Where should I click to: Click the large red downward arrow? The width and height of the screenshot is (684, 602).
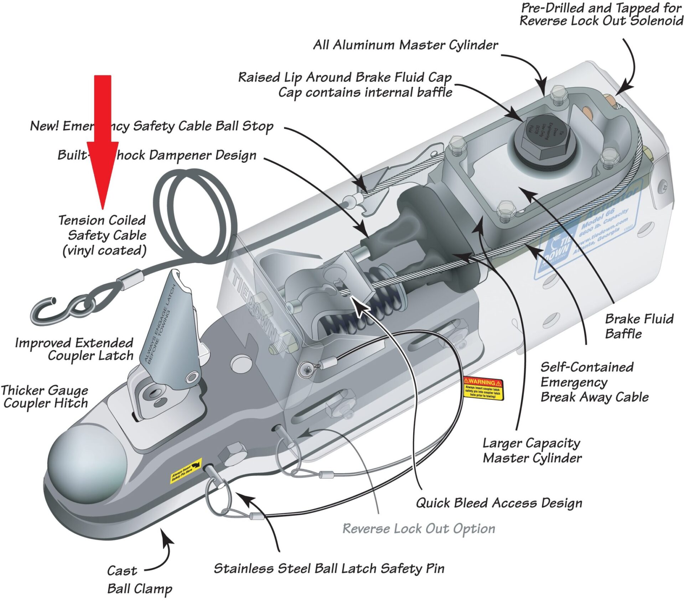103,142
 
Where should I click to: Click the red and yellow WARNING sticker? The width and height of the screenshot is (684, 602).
483,388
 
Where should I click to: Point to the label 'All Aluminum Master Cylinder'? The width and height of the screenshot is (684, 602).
405,45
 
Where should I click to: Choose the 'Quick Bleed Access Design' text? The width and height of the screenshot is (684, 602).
499,503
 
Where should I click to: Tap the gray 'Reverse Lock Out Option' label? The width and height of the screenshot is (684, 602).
419,528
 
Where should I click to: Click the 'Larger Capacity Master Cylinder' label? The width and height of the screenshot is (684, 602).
532,450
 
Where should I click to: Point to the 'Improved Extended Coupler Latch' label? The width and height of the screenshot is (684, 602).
74,349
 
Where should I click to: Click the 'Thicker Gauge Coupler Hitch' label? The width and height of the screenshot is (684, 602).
45,397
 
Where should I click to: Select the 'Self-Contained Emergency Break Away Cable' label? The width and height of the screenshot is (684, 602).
594,382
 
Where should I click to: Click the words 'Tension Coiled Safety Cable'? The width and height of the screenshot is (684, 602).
103,235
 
